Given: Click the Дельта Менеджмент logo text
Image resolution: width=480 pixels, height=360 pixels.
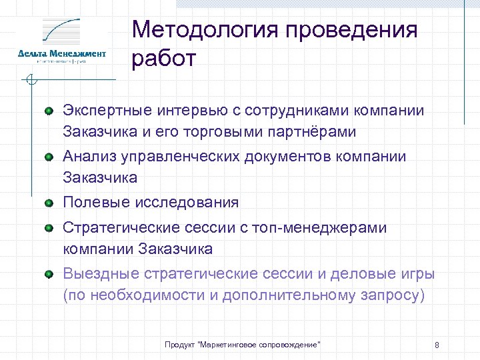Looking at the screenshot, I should [62, 53].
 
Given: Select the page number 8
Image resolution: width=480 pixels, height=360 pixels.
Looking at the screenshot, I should [436, 345].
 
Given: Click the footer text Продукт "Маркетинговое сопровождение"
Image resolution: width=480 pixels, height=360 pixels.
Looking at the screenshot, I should [243, 344].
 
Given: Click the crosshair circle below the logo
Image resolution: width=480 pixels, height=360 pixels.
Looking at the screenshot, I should [30, 81].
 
